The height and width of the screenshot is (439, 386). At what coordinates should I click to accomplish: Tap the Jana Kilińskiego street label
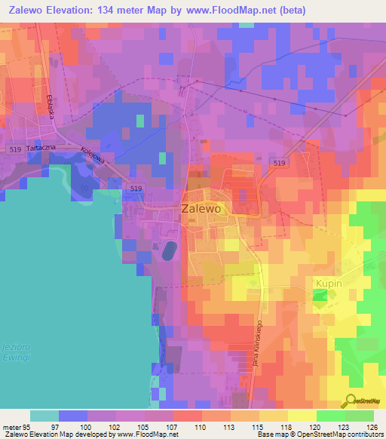tap(256, 342)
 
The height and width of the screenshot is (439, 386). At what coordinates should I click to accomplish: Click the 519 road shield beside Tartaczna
tap(17, 149)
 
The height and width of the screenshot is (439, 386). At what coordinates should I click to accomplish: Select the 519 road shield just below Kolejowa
tap(136, 187)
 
